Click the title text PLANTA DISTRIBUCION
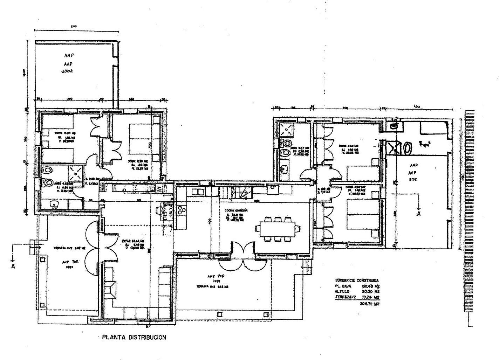(x=134, y=338)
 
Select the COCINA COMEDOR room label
(x=236, y=210)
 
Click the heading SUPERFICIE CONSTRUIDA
(x=357, y=281)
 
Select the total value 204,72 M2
(x=370, y=304)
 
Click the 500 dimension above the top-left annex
(x=74, y=26)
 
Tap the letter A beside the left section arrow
(x=13, y=266)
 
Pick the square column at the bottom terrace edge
(x=220, y=314)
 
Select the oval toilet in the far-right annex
(x=408, y=148)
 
